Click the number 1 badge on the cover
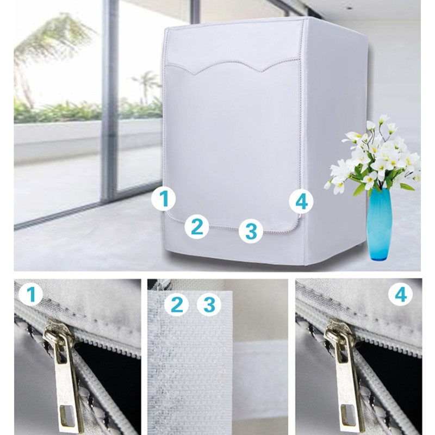pyautogui.click(x=164, y=198)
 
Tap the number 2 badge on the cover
pyautogui.click(x=197, y=227)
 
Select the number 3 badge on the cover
pyautogui.click(x=251, y=231)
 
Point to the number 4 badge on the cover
pyautogui.click(x=301, y=201)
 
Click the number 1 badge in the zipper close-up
pyautogui.click(x=31, y=294)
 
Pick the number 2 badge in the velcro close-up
pyautogui.click(x=176, y=304)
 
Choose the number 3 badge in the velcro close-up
pyautogui.click(x=209, y=304)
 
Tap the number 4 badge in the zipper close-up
pyautogui.click(x=400, y=295)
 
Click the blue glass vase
pyautogui.click(x=378, y=224)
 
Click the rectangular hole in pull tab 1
pyautogui.click(x=67, y=415)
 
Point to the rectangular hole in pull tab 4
pyautogui.click(x=349, y=415)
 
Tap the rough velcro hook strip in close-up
pyautogui.click(x=189, y=361)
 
